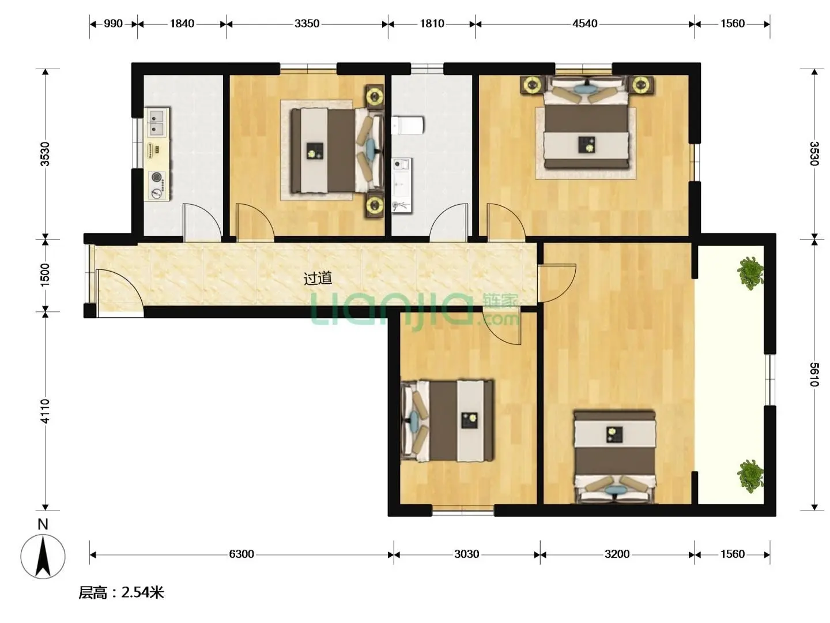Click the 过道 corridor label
[x=317, y=278]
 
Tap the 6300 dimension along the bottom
[x=242, y=554]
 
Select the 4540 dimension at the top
[x=584, y=24]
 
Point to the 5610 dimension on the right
[x=814, y=374]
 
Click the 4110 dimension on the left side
[x=45, y=411]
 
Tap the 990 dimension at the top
[x=113, y=24]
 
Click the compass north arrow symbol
[x=43, y=556]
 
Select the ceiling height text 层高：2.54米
[x=121, y=592]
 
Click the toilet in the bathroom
[x=408, y=125]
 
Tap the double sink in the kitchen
[x=156, y=122]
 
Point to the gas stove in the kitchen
[x=157, y=186]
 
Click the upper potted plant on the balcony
[x=750, y=273]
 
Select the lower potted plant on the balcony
[x=750, y=476]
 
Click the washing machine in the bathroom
[x=402, y=166]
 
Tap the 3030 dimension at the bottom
[x=467, y=554]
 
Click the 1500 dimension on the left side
[x=45, y=275]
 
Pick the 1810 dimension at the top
[x=432, y=24]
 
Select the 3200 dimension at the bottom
[x=617, y=554]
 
